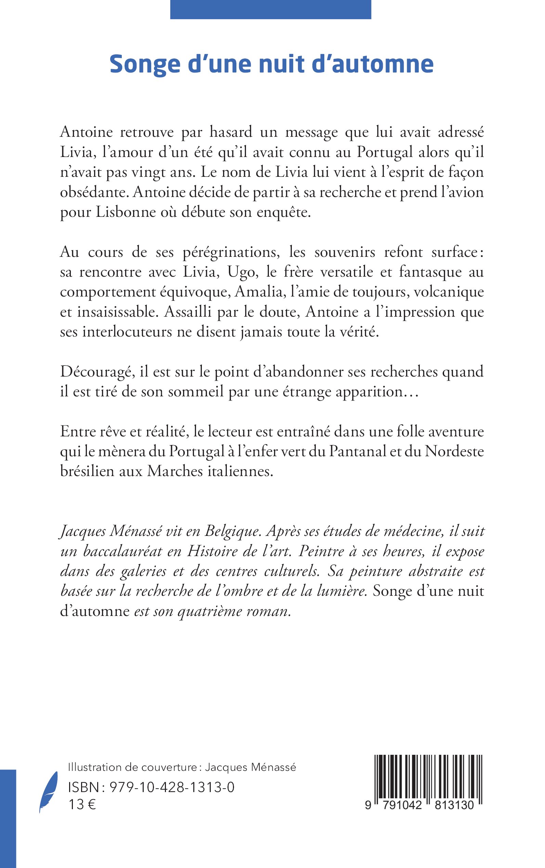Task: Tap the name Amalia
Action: (x=258, y=292)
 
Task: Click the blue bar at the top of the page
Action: (x=270, y=9)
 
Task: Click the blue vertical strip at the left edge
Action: (x=8, y=818)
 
